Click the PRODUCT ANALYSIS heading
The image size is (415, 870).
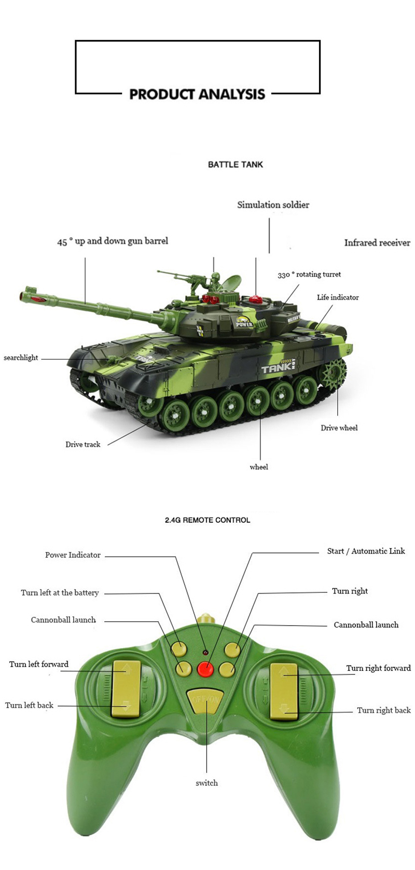[197, 94]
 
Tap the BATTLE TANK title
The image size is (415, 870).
[236, 164]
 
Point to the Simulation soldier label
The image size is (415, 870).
[273, 205]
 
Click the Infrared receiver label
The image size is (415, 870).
[377, 243]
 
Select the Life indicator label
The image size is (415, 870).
[338, 297]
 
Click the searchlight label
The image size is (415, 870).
[21, 358]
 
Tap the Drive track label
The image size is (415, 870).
[82, 444]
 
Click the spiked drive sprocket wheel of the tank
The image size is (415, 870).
[333, 372]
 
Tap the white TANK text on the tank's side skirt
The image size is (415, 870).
[276, 368]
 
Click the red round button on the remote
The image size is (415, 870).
[205, 668]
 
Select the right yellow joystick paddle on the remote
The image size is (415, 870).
[284, 692]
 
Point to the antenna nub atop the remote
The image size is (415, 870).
[206, 617]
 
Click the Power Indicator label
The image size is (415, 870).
[73, 555]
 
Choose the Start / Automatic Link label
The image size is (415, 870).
[366, 551]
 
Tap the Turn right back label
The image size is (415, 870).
[383, 710]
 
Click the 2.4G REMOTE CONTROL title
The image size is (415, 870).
[208, 520]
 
